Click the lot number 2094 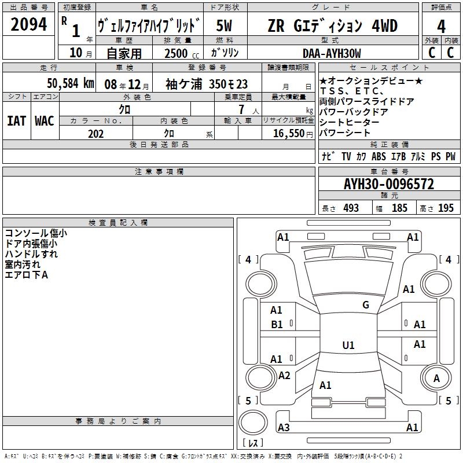tap(29, 25)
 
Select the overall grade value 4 tap(441, 26)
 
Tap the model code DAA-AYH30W tap(332, 53)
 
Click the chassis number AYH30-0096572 tap(388, 185)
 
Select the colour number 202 tap(95, 134)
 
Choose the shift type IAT tap(16, 120)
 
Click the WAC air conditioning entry tap(44, 120)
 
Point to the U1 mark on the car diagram tap(348, 346)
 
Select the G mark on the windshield tap(366, 305)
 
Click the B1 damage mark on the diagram tap(277, 325)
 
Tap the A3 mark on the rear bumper tap(283, 428)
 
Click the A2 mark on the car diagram tap(284, 376)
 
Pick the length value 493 tap(351, 208)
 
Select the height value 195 tap(446, 208)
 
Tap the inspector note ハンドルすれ tap(31, 253)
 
